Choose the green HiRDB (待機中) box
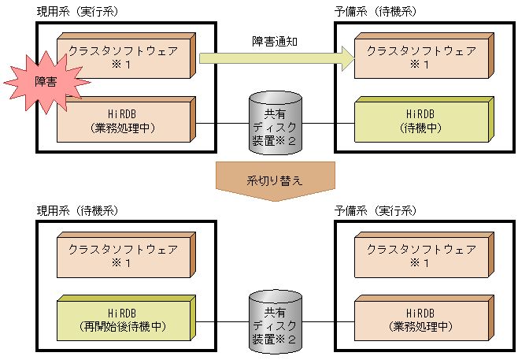click(x=421, y=121)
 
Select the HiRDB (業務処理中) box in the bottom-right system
click(x=421, y=320)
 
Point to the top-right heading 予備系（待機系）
click(x=376, y=12)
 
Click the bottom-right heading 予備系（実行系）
click(x=376, y=211)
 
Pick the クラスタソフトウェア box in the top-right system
click(x=421, y=58)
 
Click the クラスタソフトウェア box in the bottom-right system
click(x=421, y=256)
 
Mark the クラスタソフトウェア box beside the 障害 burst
click(x=126, y=58)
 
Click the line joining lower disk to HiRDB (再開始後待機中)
click(x=220, y=323)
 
